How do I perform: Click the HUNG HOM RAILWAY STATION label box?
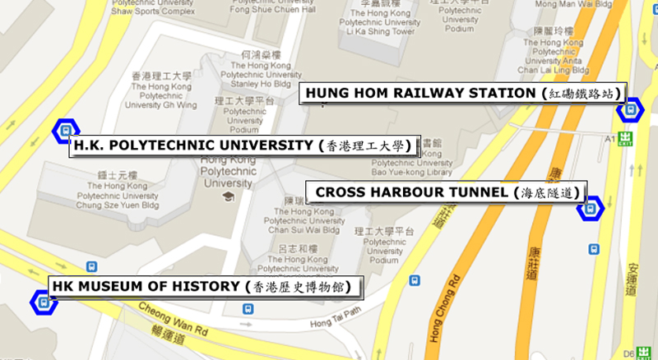pos(463,93)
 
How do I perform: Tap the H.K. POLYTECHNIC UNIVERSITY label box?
pos(243,145)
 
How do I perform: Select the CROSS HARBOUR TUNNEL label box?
pos(445,192)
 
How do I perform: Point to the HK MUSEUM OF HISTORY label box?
pos(198,286)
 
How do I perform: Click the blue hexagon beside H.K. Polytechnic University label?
pos(63,130)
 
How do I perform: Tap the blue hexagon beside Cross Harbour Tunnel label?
pos(590,207)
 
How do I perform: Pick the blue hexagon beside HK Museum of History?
pos(43,302)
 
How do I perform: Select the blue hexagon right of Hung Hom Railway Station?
pos(631,108)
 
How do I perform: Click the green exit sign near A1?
pos(626,138)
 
